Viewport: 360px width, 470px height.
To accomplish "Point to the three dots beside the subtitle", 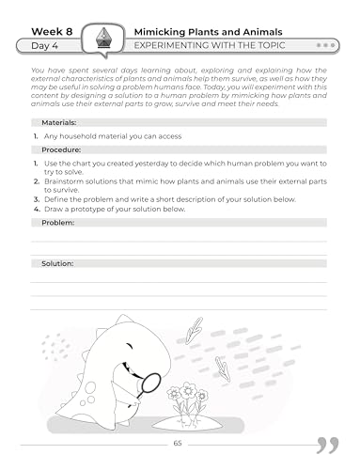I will tap(327, 45).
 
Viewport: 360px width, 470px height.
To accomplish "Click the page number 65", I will tap(179, 444).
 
